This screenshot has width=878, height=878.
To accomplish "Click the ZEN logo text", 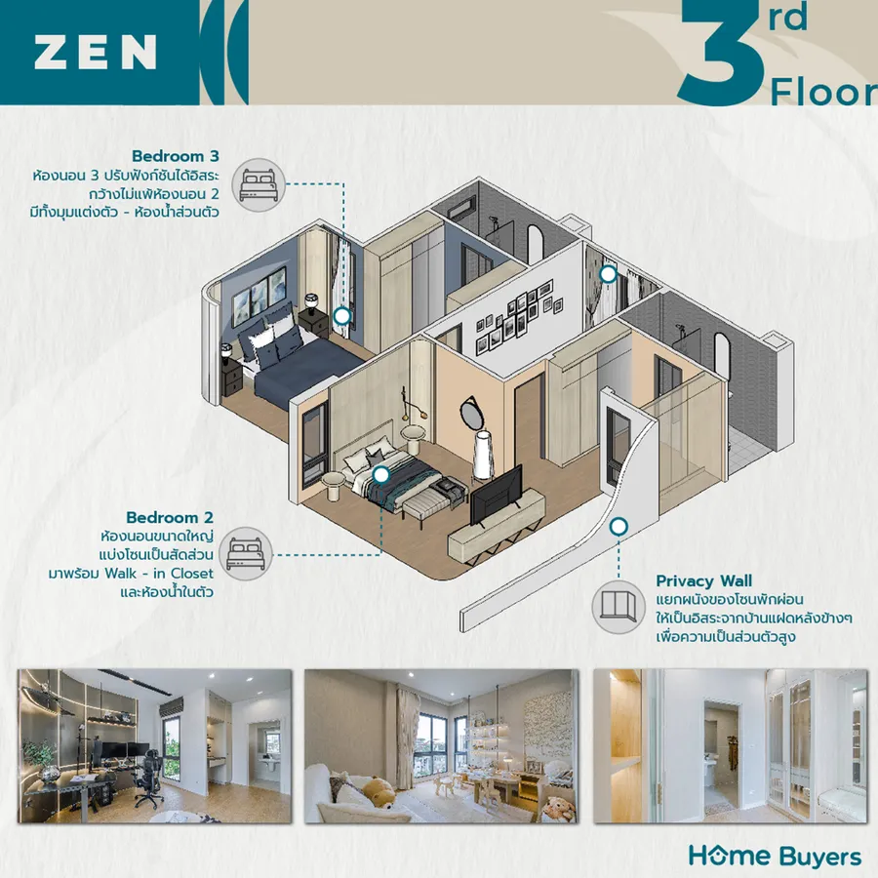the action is (96, 52).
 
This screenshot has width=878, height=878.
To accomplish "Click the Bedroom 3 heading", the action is (176, 156).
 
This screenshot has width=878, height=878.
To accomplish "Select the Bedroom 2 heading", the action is (170, 517).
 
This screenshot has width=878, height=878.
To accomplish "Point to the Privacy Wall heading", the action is (703, 580).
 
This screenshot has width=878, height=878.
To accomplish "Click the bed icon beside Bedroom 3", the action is (259, 184).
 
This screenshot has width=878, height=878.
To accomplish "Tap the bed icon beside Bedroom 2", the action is (245, 554).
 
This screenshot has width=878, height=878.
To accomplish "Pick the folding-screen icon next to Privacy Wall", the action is (619, 607).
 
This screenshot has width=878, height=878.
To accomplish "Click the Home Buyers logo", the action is (775, 857).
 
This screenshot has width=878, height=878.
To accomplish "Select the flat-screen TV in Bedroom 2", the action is (497, 495).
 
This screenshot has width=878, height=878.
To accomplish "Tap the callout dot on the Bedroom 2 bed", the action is (381, 475).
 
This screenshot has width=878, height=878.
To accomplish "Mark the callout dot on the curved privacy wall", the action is (619, 527).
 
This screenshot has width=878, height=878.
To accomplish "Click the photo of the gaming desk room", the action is (154, 746).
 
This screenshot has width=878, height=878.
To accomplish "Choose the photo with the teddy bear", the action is (441, 746).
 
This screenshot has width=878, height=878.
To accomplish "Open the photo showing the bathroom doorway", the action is (730, 746).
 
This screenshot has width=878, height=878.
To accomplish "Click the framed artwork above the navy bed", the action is (259, 297).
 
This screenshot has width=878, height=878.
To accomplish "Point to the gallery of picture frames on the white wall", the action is (518, 317).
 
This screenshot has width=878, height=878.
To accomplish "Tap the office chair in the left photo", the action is (146, 776).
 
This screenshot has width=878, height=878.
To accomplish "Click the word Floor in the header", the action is (823, 92).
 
